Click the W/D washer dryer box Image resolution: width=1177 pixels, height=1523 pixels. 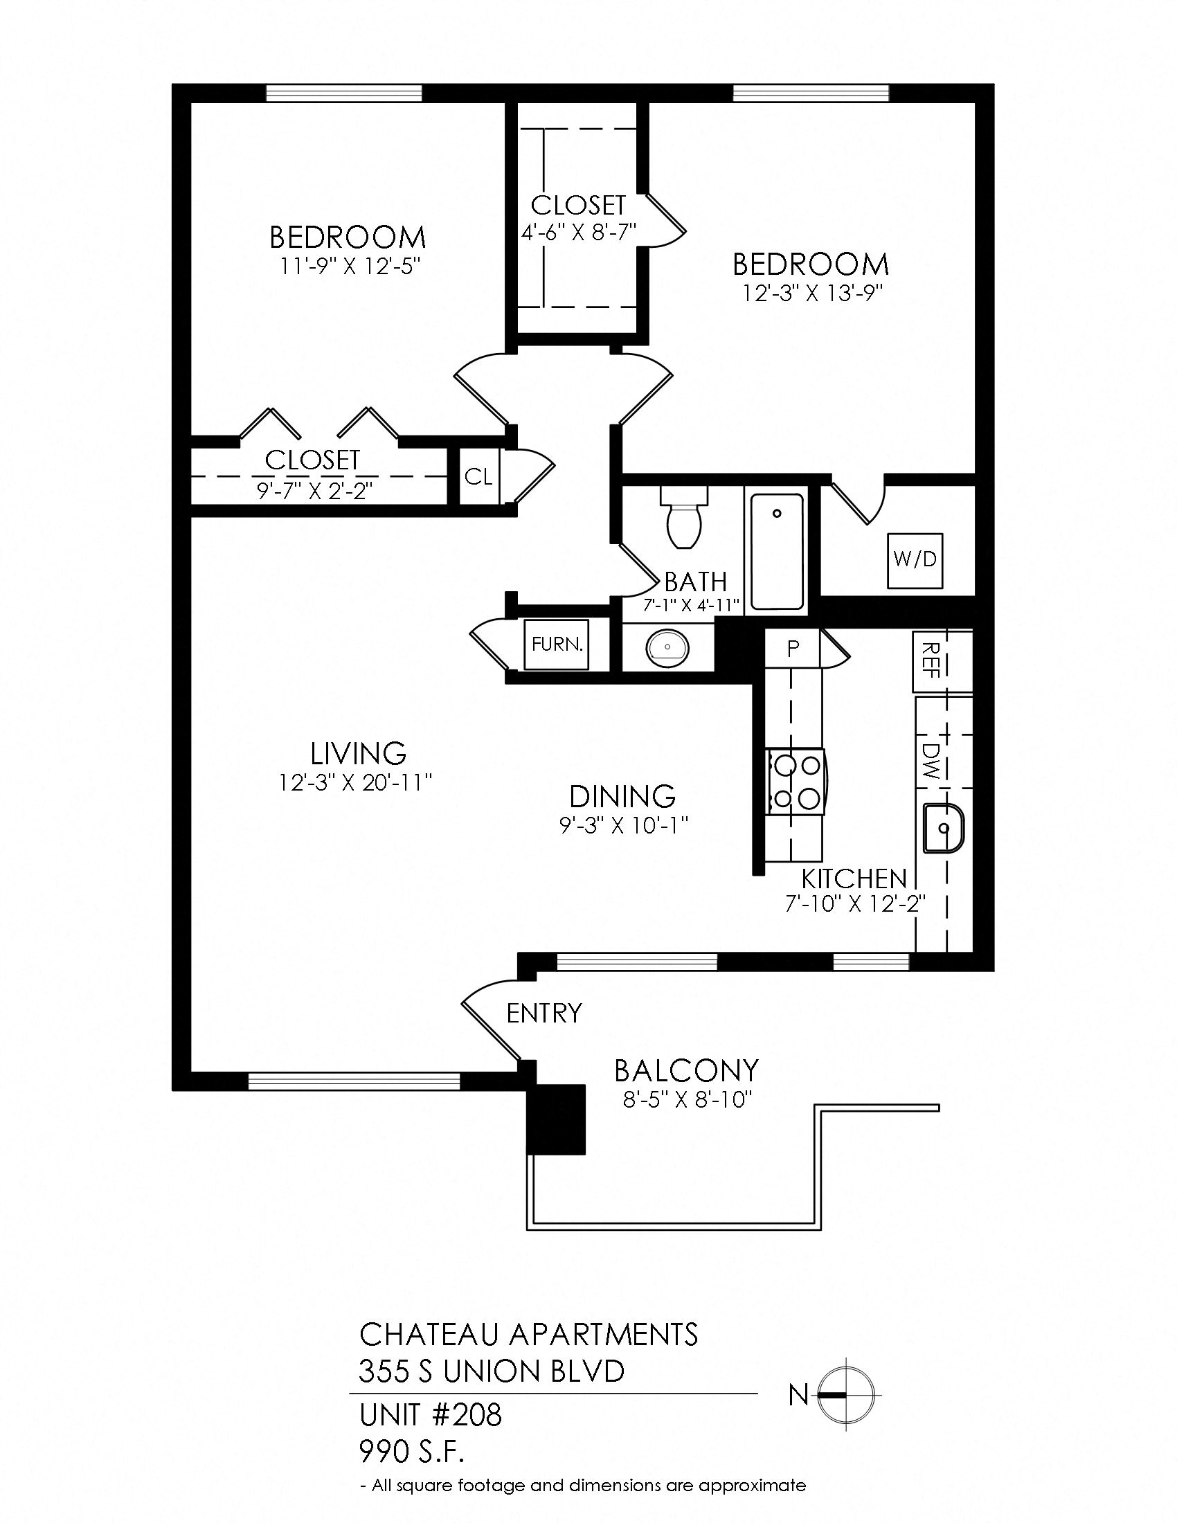915,561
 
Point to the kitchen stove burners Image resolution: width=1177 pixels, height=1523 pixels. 795,782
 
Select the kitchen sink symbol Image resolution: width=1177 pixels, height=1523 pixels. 942,829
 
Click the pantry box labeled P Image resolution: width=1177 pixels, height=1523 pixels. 793,649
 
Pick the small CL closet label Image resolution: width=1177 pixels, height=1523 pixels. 479,478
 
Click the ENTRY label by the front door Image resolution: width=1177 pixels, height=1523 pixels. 544,1013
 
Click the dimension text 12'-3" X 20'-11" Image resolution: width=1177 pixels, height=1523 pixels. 357,783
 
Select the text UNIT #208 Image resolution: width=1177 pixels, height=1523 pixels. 430,1416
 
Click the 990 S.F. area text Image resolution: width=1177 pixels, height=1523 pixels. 411,1452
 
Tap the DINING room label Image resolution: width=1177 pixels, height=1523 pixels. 622,796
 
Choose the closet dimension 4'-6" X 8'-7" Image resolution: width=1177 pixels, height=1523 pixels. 579,231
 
